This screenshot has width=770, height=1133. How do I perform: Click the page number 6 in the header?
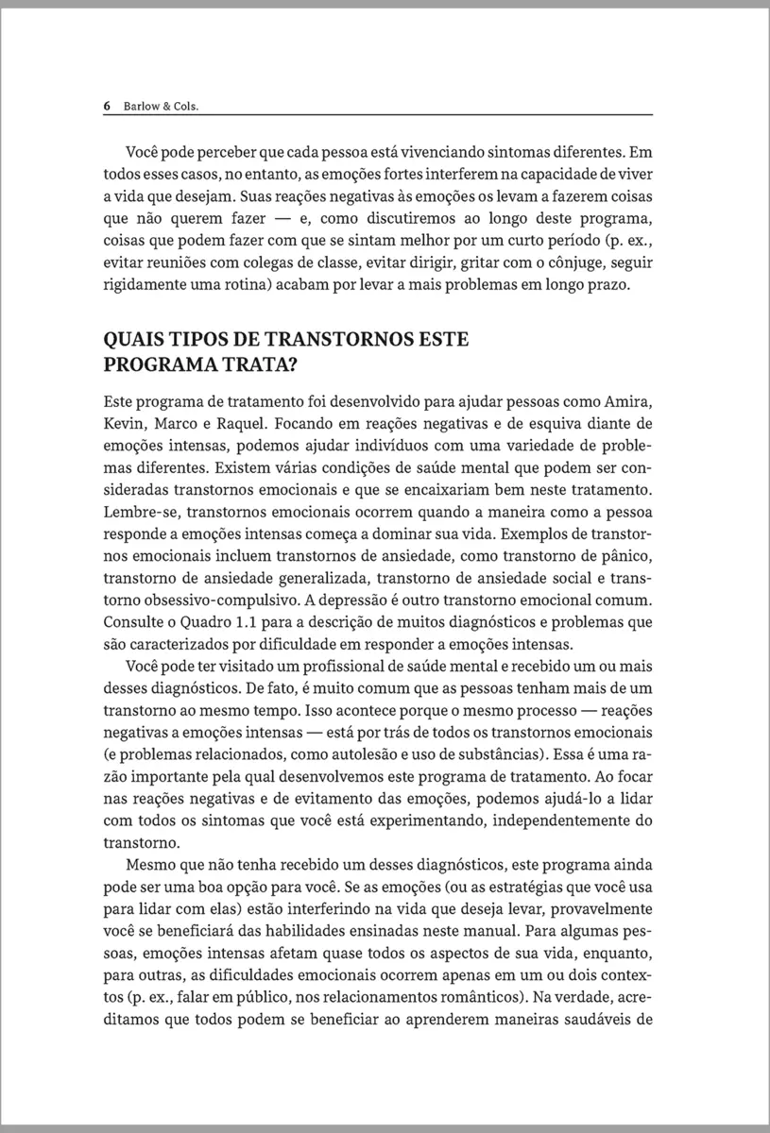(108, 106)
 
